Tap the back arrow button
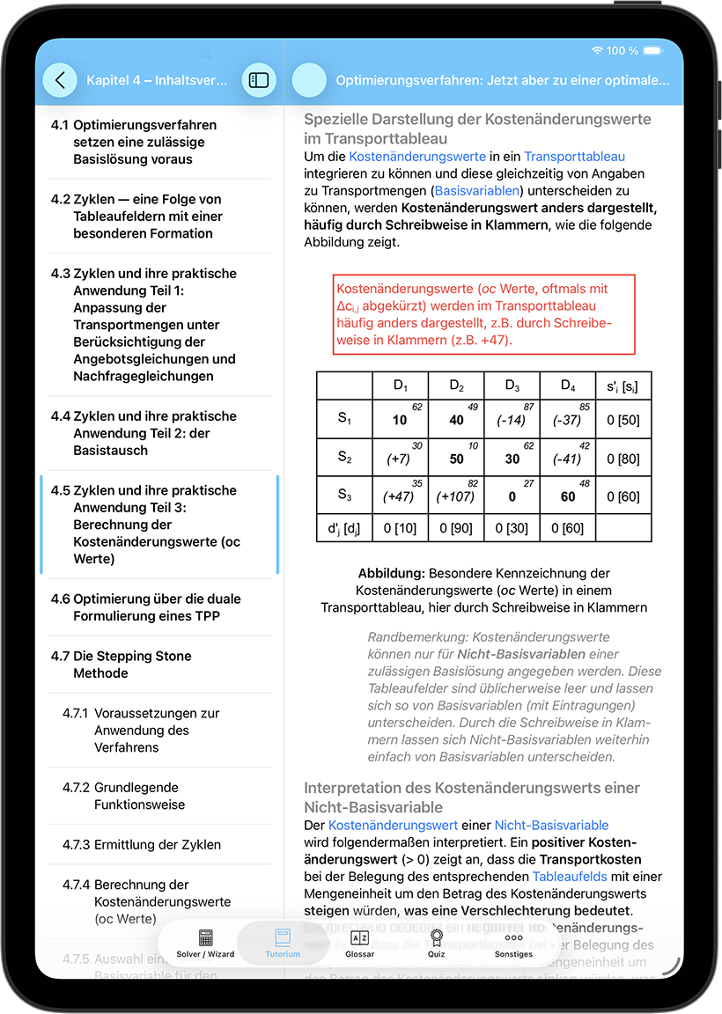(x=60, y=80)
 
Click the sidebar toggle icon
(x=259, y=80)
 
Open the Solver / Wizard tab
(x=205, y=944)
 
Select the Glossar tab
(x=359, y=944)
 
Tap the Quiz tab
(x=436, y=944)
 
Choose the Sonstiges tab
(x=513, y=944)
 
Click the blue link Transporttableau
(x=574, y=157)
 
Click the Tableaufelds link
(x=569, y=877)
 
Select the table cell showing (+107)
(x=456, y=496)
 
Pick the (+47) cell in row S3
(x=400, y=496)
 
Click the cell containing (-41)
(x=567, y=459)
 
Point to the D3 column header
(x=512, y=386)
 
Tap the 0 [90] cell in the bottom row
(x=456, y=528)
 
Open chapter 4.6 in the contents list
(x=157, y=607)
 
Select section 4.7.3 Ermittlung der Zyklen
(x=157, y=845)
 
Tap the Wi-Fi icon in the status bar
(x=598, y=51)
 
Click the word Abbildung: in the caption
(x=394, y=573)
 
